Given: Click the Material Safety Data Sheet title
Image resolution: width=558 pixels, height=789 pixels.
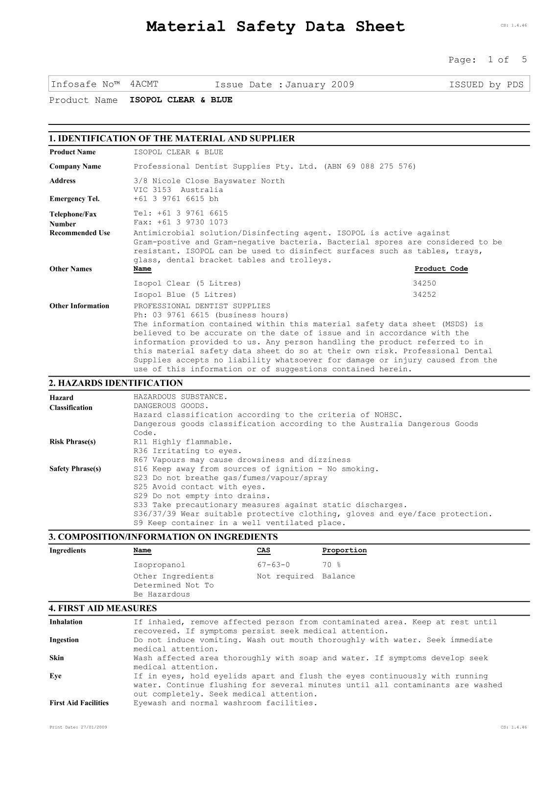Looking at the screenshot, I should click(x=276, y=26).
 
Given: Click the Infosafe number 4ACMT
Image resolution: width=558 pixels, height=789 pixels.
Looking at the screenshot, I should click(x=144, y=84).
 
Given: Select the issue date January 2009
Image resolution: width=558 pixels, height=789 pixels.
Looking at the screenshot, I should click(x=320, y=85).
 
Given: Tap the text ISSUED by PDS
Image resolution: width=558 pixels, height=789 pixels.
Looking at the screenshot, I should click(x=486, y=85).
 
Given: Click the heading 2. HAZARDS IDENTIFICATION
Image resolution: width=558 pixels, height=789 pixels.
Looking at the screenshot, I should click(x=116, y=383).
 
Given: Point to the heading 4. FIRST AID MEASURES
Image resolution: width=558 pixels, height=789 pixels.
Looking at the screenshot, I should click(x=103, y=609).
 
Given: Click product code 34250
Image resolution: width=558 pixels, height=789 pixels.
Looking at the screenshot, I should click(x=424, y=284).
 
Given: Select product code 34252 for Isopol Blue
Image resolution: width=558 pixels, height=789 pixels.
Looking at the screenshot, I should click(x=424, y=295).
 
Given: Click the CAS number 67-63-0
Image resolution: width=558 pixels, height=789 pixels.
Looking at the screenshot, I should click(x=273, y=565).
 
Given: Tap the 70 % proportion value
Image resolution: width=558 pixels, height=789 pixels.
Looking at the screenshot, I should click(x=331, y=565).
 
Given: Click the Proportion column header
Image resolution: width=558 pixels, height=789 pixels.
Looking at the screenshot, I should click(x=344, y=550).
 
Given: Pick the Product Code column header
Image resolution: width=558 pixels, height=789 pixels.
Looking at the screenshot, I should click(x=441, y=269).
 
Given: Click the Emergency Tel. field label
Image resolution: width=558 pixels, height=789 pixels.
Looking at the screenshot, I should click(x=74, y=199).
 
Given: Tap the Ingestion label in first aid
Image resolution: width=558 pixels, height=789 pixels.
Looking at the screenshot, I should click(x=64, y=640).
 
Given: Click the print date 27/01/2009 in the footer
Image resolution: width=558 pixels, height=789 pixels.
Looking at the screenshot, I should click(x=78, y=728).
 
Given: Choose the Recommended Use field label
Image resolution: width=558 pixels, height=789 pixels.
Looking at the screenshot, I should click(x=80, y=233).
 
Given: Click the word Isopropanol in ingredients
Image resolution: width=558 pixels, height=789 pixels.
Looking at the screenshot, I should click(x=160, y=565).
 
